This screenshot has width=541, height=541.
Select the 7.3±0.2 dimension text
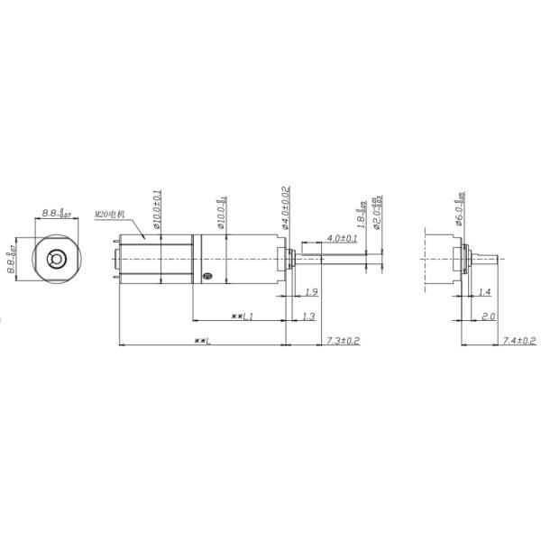point(343,340)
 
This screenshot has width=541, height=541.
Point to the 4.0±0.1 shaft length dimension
point(341,238)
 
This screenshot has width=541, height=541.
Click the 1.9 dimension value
point(310,292)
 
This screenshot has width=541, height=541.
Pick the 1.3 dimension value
point(308,316)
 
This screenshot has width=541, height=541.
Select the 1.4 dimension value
point(484,292)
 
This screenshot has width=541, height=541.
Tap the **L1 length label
point(241,316)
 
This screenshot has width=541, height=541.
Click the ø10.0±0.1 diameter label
point(157,210)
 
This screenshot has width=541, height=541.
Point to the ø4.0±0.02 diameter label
point(284,206)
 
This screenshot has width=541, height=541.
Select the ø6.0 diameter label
point(460,206)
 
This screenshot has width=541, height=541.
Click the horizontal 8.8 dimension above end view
point(56,215)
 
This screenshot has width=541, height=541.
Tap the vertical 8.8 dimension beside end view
point(13,260)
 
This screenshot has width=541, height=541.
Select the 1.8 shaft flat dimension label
point(362,214)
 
